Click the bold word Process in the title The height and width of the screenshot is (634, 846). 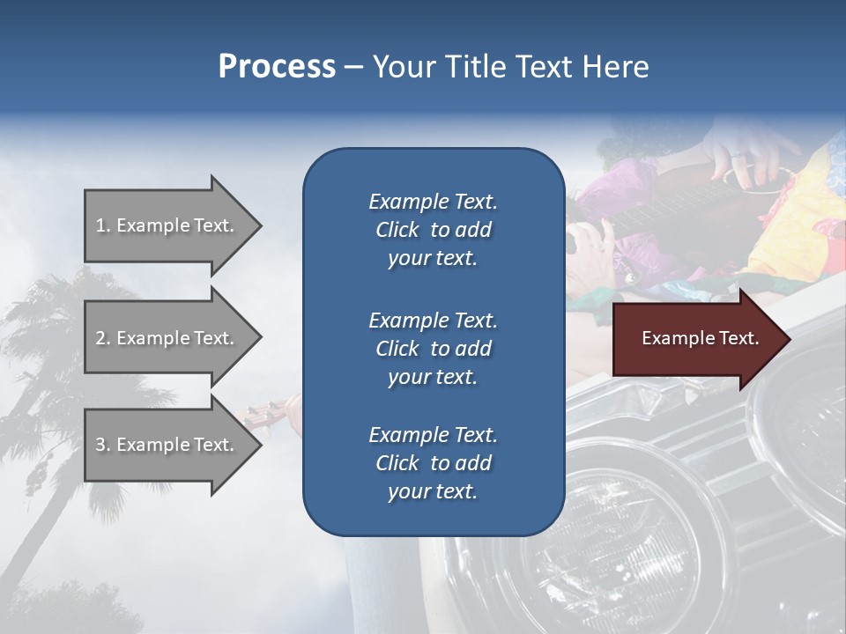(277, 67)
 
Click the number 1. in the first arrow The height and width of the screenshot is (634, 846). (103, 225)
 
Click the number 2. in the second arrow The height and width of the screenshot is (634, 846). (103, 338)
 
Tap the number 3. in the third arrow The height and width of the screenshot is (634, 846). (103, 445)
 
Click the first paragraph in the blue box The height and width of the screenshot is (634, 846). (433, 230)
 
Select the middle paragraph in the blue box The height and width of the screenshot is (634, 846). (433, 348)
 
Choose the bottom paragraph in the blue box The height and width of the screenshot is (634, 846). (433, 463)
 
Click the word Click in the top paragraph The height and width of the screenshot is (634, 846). (397, 230)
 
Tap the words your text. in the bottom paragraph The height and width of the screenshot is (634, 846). (433, 492)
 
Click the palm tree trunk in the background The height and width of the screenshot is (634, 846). (53, 493)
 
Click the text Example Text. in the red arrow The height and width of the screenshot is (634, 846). (701, 338)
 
